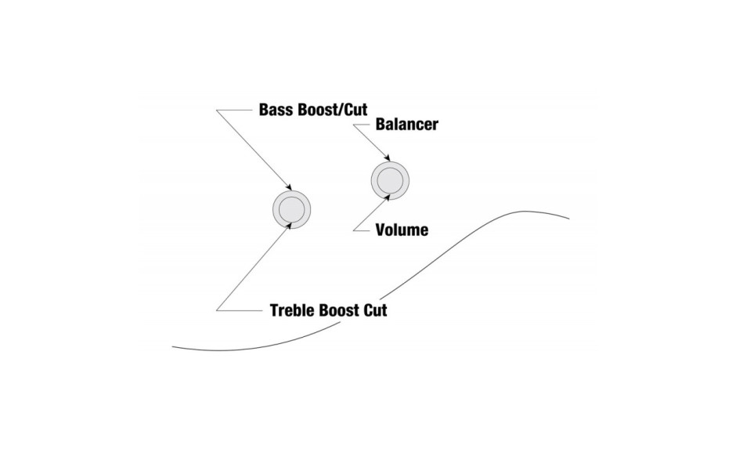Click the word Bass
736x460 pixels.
276,110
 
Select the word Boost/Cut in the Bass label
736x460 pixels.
333,110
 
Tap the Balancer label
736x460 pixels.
407,125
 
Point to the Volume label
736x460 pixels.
402,230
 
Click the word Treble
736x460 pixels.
292,310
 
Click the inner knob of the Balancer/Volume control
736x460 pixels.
390,180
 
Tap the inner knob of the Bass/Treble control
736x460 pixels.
291,209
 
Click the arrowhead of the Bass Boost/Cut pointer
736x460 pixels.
289,187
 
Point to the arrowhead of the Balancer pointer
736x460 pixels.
387,158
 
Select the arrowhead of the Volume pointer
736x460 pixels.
387,197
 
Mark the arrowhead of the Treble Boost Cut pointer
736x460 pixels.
289,226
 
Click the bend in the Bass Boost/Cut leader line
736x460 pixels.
217,110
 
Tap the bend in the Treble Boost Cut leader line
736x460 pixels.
217,310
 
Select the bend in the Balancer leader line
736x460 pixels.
353,125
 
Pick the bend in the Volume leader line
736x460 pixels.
353,230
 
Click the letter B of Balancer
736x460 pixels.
381,125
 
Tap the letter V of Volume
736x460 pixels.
381,230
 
